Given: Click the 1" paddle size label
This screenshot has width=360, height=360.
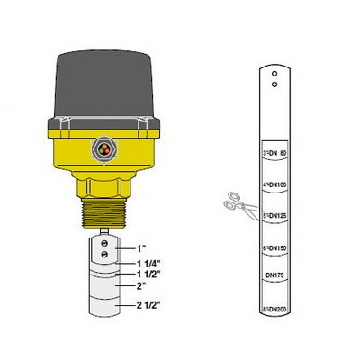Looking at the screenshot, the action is [141, 248].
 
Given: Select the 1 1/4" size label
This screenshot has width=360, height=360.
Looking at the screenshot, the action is [148, 264].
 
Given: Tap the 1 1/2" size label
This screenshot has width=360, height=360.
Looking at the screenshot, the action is [148, 274].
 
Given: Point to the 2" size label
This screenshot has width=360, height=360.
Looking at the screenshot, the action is [141, 286].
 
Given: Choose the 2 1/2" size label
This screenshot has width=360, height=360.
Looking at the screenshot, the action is [148, 305].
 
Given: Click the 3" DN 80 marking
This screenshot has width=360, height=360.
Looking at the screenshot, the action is [274, 153].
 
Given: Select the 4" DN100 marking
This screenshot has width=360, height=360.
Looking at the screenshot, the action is [274, 184].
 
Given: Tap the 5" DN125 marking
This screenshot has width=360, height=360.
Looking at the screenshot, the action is [274, 216].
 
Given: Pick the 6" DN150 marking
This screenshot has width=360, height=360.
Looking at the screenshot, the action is [274, 248].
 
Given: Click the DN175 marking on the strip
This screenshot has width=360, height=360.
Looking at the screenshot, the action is [274, 275].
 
